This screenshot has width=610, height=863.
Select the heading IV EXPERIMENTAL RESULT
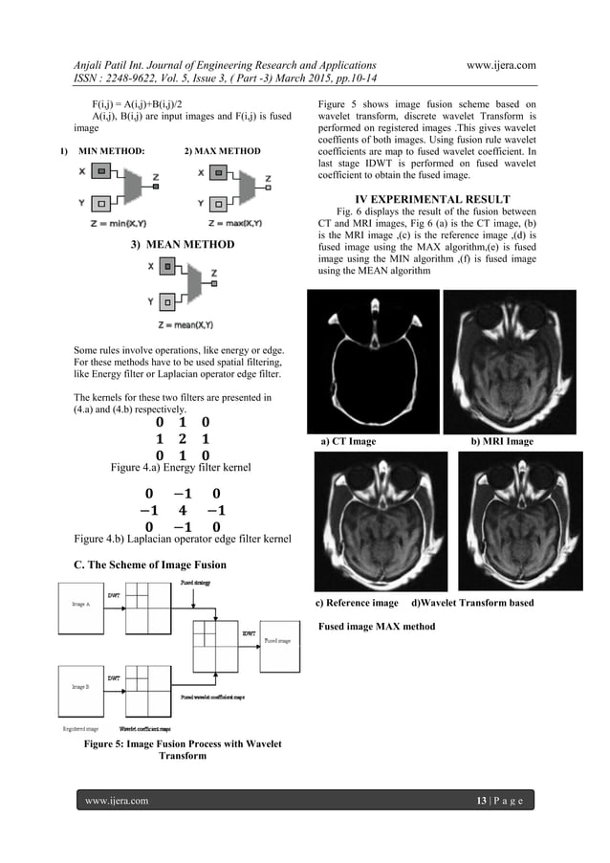tap(424, 200)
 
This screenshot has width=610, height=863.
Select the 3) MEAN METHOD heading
tap(183, 245)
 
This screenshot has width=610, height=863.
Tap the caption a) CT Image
tap(350, 442)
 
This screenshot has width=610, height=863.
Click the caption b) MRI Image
tap(503, 442)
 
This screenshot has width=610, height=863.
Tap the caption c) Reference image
tap(358, 604)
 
